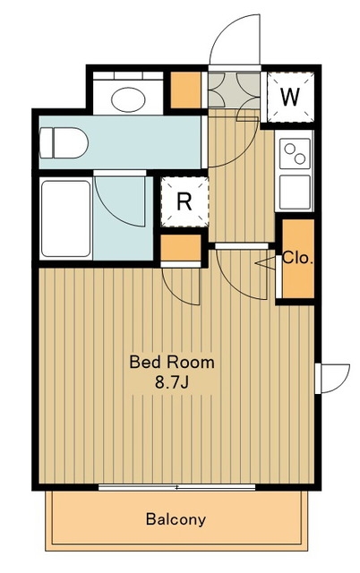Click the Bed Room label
[x=172, y=362]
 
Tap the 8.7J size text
[x=171, y=382]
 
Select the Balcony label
[x=176, y=519]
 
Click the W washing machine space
[x=290, y=98]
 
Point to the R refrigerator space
[x=185, y=201]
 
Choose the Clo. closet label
[x=298, y=259]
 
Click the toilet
[x=64, y=143]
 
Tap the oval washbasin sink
[x=128, y=99]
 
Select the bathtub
[x=65, y=218]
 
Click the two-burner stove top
[x=295, y=153]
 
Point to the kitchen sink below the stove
[x=295, y=192]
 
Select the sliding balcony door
[x=177, y=487]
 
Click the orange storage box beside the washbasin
[x=185, y=90]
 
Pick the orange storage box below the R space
[x=181, y=247]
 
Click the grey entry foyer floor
[x=234, y=90]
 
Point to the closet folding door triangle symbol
[x=265, y=262]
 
